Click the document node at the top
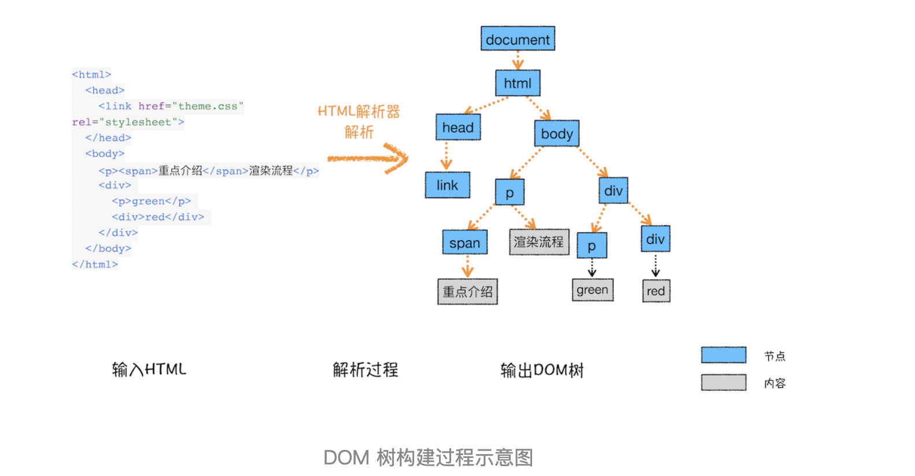coord(518,39)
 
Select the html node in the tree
coord(518,83)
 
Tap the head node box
coord(458,127)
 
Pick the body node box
coord(556,134)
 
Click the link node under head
coord(447,185)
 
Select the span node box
coord(464,243)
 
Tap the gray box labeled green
coord(592,290)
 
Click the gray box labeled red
coord(656,291)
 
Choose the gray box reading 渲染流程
coord(538,242)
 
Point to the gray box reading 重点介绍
coord(467,291)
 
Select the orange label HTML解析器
coord(359,111)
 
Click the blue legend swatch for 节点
coord(724,355)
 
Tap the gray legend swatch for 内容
coord(724,382)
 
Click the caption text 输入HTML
coord(149,369)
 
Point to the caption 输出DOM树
coord(542,370)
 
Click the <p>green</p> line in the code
coord(152,201)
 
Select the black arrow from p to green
coord(592,268)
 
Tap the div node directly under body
coord(613,191)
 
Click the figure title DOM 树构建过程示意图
coord(428,457)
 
